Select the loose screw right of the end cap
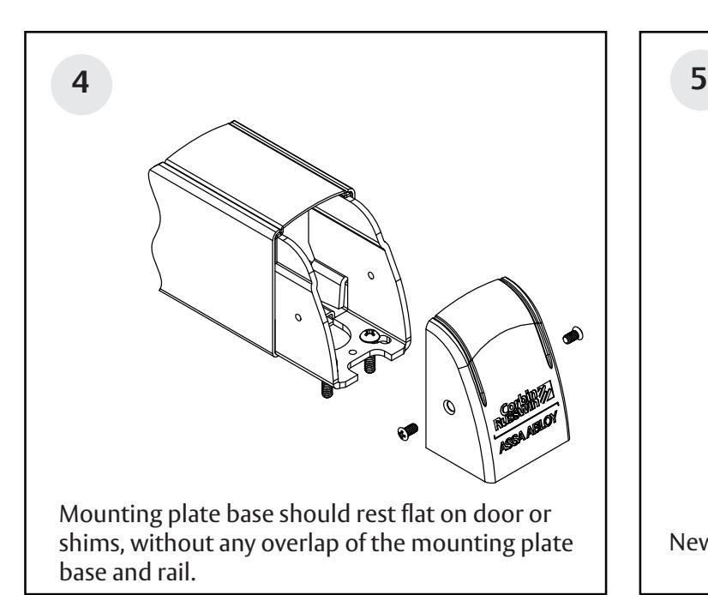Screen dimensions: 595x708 tap(568, 335)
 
